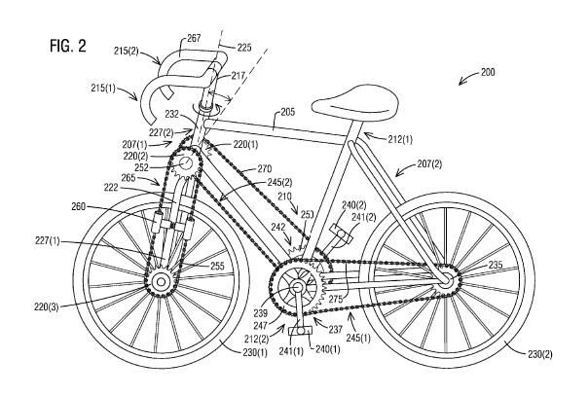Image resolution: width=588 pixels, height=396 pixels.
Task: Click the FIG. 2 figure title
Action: coord(68,46)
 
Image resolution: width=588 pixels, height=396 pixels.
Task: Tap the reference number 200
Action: coord(487,72)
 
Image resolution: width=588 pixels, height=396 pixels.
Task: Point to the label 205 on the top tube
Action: coord(287,112)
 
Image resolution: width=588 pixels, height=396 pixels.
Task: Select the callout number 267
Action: coord(194,38)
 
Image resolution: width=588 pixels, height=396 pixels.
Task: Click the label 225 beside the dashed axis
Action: coord(243,48)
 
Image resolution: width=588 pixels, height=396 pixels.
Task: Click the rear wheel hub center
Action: coord(445,279)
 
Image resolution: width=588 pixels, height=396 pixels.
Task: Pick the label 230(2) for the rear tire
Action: coord(540,354)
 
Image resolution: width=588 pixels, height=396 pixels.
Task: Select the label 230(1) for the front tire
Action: coord(255,352)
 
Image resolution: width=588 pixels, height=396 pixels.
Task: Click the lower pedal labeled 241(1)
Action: coord(300,331)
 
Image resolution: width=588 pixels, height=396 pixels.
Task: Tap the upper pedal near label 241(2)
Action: coord(342,234)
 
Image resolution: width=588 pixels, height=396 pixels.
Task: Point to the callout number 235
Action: coord(496,265)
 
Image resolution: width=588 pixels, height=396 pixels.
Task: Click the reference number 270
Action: coord(264,169)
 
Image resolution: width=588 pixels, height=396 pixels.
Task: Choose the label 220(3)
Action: coord(46,307)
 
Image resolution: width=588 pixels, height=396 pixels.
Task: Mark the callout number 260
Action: coord(79,206)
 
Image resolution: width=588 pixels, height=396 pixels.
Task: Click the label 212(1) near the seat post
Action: coord(400,140)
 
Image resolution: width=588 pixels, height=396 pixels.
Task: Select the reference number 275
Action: coord(336,299)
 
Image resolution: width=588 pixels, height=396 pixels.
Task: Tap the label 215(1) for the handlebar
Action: coord(103,89)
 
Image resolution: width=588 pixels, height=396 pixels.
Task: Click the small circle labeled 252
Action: coord(186,163)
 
